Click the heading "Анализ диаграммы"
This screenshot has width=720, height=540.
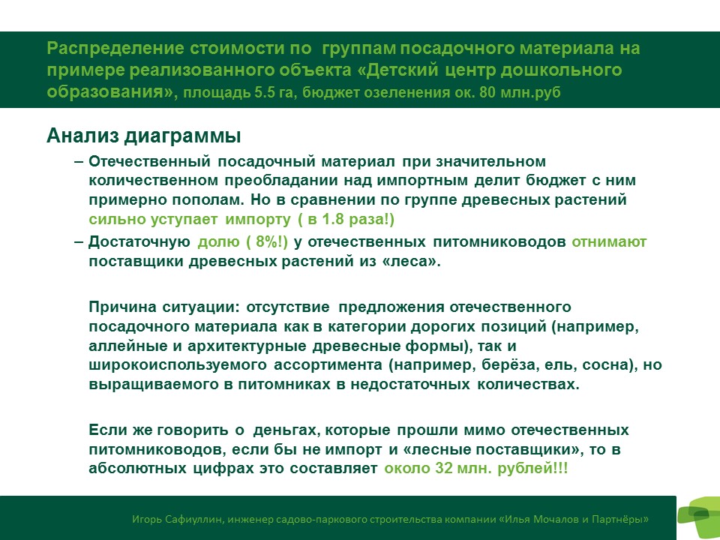point(144,136)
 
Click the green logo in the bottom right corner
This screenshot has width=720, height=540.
point(699,517)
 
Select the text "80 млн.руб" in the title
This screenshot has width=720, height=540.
point(520,93)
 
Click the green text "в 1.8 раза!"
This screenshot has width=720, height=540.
point(349,219)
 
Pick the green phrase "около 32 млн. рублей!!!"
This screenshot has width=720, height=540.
point(476,468)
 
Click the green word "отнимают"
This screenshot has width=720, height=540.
point(609,241)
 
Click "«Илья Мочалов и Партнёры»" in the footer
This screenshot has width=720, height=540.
point(574,519)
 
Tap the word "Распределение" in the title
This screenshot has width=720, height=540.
point(115,49)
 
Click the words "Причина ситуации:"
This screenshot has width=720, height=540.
point(164,307)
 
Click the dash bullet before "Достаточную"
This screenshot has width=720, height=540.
point(79,241)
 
